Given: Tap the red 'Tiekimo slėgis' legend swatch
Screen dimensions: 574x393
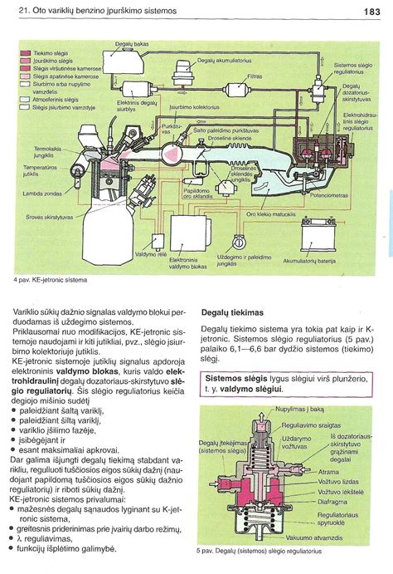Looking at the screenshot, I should [x=25, y=52].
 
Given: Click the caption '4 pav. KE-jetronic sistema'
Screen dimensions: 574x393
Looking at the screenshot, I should [x=51, y=280].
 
